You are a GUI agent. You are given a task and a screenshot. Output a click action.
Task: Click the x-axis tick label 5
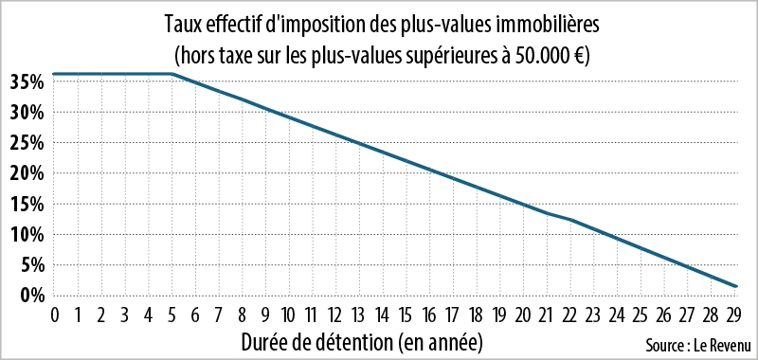tap(171, 315)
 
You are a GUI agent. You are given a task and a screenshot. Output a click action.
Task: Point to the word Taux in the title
tap(182, 19)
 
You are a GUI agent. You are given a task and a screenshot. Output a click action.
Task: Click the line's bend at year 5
tap(171, 74)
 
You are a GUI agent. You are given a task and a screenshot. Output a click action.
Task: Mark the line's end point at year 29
tap(736, 286)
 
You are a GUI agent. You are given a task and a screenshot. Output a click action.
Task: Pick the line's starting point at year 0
tap(54, 74)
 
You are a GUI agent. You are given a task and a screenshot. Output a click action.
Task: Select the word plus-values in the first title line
tap(460, 19)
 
